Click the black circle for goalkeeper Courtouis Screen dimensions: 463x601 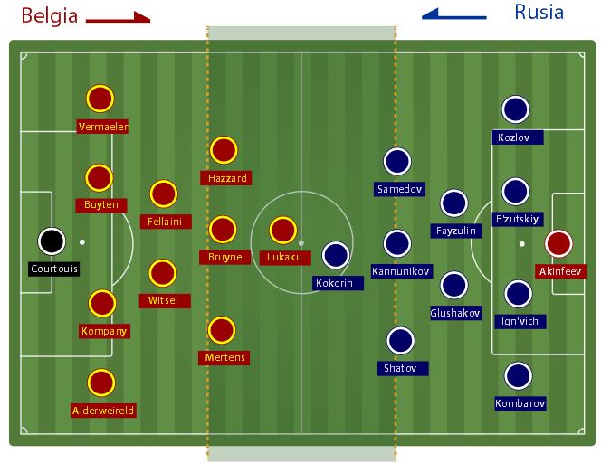(52, 241)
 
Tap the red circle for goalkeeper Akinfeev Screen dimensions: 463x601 (559, 244)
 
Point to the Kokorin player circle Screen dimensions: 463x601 (336, 256)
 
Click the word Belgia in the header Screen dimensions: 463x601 (49, 15)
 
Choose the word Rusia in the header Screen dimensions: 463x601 (539, 13)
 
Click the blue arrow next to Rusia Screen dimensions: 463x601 (454, 14)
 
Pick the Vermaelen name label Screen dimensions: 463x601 (103, 127)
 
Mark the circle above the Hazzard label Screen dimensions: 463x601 (224, 150)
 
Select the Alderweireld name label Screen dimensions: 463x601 (103, 411)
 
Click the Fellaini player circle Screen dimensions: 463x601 (163, 194)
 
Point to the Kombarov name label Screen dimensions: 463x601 (520, 403)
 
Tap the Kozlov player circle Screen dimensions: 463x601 (516, 109)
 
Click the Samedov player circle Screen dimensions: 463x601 (397, 161)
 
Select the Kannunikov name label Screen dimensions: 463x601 (401, 271)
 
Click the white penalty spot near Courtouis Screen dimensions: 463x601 (82, 242)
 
